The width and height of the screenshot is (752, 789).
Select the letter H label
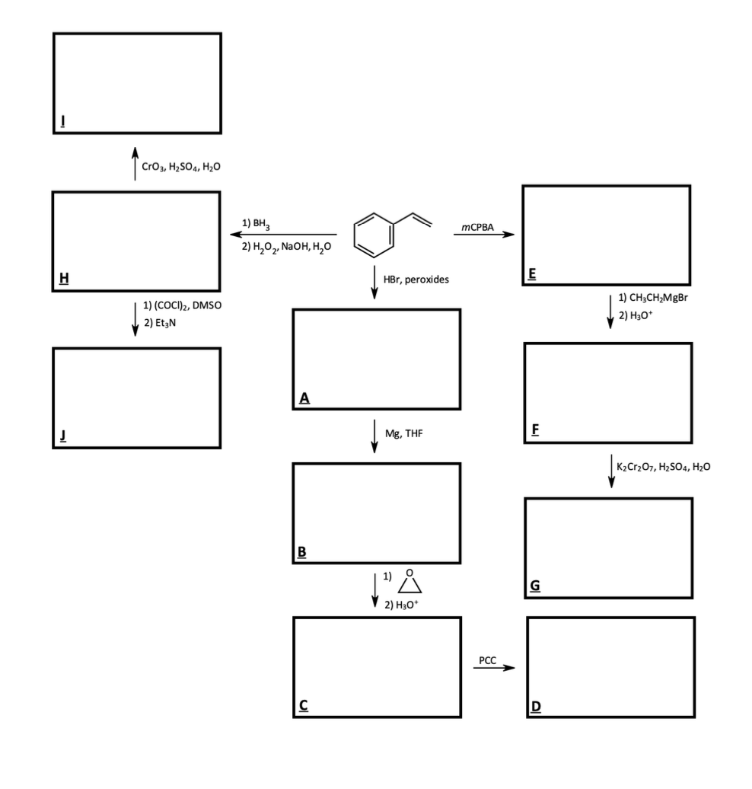pos(65,279)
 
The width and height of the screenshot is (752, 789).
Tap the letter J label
pos(64,436)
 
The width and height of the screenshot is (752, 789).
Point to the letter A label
pos(304,398)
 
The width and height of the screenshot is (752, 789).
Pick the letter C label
pos(303,705)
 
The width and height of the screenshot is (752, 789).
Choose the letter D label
pos(536,706)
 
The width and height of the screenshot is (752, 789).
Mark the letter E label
pos(534,275)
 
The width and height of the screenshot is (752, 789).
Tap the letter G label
pos(535,586)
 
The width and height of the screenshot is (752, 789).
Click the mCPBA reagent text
pos(478,228)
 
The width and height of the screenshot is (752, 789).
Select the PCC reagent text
pos(488,660)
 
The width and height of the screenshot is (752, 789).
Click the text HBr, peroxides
pos(416,280)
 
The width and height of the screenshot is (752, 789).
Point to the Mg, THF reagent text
pos(403,434)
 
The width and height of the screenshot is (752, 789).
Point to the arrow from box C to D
pos(494,669)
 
